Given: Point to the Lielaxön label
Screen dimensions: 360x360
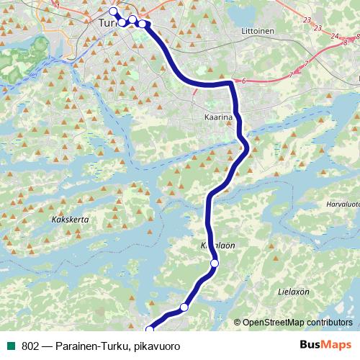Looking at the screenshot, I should [293, 292].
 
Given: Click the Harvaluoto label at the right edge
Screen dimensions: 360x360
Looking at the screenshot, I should [343, 204].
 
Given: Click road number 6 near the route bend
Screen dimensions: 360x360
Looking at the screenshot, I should [244, 81].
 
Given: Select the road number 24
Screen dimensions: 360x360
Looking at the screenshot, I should [333, 35].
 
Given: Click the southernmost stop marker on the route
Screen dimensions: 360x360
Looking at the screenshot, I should [150, 330].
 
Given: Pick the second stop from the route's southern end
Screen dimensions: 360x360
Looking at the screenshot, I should [184, 307].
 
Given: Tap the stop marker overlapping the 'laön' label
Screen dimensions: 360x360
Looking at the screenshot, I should [214, 264].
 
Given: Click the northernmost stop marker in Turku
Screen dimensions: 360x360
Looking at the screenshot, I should [112, 11].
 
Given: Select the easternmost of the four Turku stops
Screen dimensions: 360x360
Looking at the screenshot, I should [143, 24].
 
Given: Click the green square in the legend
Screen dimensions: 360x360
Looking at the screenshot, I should [11, 346].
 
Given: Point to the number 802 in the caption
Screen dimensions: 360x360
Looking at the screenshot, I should [31, 346].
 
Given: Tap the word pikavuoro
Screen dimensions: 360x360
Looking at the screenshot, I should [156, 346].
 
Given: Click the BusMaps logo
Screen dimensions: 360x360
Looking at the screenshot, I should [325, 346].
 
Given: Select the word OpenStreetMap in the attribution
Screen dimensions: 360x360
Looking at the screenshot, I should [275, 323].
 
